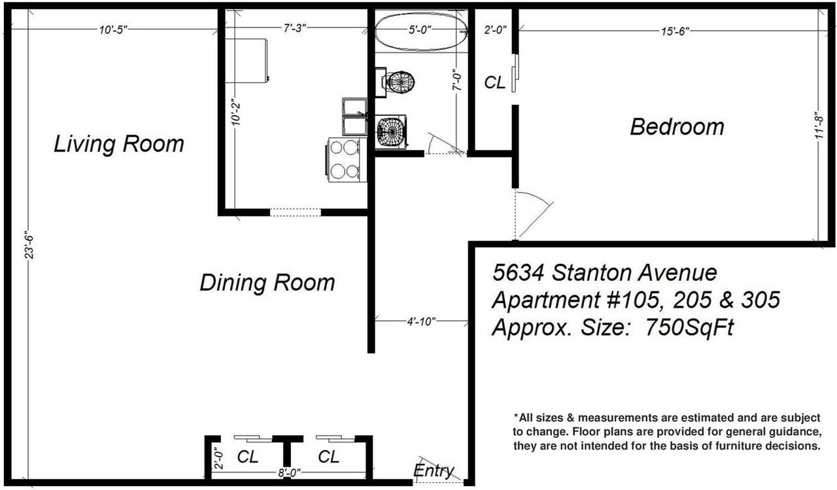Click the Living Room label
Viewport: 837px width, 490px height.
pos(118,144)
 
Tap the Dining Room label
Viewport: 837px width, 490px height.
pos(267,283)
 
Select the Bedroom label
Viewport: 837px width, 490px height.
pos(677,127)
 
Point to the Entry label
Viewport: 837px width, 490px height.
pos(434,470)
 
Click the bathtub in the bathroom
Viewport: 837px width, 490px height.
pos(420,31)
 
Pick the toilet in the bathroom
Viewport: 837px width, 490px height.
pos(399,82)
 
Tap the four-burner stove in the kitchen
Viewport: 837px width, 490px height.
pos(345,160)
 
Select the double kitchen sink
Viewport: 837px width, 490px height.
pos(355,116)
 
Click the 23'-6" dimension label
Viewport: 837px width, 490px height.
pos(28,245)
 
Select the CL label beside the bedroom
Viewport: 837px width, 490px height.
pos(494,83)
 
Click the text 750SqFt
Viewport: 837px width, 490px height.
pos(689,327)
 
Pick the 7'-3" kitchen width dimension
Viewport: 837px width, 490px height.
pos(294,29)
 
